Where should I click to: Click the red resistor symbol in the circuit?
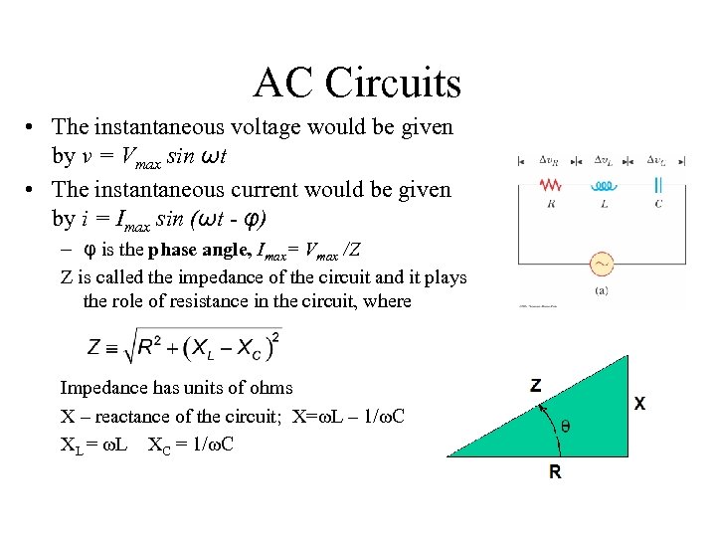[550, 185]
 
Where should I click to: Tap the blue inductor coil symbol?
[604, 185]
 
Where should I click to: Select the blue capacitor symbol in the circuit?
[657, 185]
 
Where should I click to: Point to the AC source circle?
[603, 265]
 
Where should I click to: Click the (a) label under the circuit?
[603, 291]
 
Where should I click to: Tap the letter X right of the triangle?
[639, 405]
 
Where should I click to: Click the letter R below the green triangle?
[555, 472]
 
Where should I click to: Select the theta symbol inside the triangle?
[566, 426]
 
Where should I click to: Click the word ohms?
[272, 388]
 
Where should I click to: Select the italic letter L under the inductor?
[604, 204]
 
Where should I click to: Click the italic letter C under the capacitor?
[657, 204]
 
